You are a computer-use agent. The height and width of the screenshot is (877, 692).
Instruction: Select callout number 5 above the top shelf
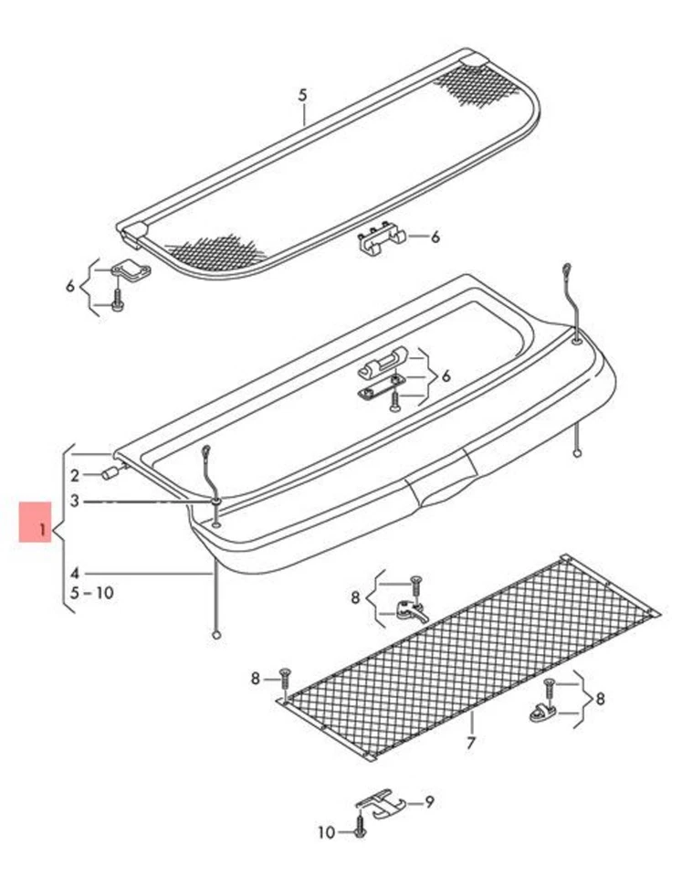(304, 95)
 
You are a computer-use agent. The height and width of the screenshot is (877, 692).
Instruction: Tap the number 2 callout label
(75, 475)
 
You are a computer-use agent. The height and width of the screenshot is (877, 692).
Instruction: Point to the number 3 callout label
(75, 502)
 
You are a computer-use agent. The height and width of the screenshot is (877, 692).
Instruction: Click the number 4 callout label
(75, 574)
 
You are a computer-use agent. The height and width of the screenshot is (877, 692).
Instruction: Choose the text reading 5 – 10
(91, 593)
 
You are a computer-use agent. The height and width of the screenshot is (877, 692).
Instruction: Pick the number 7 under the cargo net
(470, 743)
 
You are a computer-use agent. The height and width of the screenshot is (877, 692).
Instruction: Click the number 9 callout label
(429, 802)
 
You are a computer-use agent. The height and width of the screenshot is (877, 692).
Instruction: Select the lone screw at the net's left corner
(284, 678)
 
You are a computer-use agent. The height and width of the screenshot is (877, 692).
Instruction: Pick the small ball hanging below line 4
(216, 633)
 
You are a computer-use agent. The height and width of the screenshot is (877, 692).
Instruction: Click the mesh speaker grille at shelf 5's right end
(475, 84)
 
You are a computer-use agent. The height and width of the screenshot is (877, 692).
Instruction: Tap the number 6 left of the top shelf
(70, 286)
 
